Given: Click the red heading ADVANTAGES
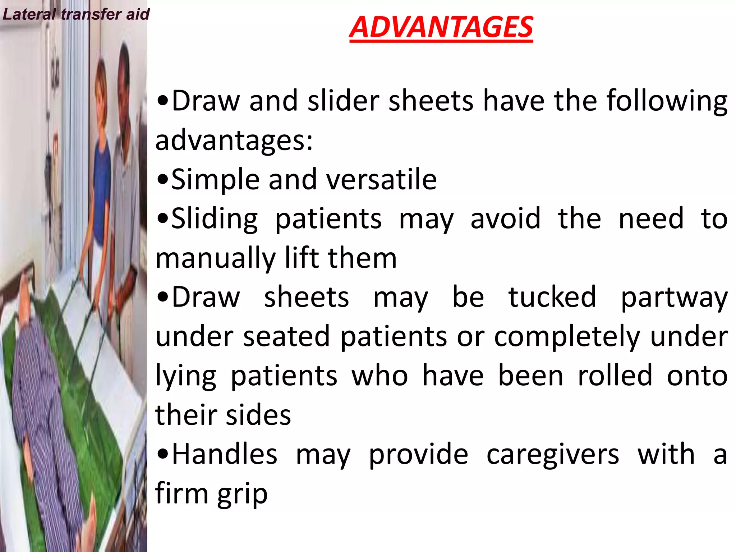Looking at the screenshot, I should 441,27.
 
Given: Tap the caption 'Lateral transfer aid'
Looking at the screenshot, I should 76,14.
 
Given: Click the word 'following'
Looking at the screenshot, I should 667,101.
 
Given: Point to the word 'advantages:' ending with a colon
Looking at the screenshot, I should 234,141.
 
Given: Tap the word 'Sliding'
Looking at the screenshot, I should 215,219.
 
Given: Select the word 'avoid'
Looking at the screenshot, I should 505,218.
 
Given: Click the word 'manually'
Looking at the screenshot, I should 215,259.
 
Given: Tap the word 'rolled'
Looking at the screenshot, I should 615,376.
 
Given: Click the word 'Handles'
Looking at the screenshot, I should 224,454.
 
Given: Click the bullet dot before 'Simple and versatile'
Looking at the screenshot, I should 162,180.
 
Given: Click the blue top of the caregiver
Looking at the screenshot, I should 102,169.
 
